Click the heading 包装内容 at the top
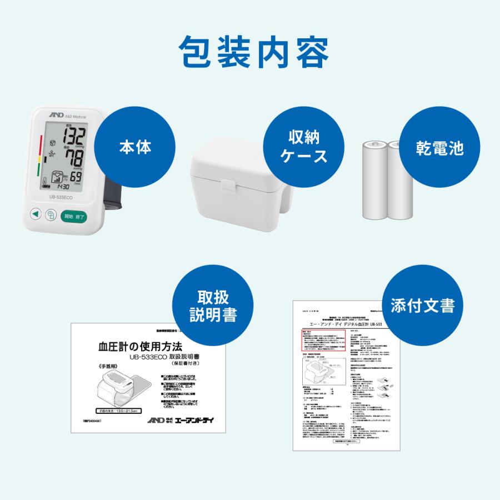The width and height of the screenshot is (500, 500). (x=250, y=52)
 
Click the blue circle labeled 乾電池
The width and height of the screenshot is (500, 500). (x=439, y=147)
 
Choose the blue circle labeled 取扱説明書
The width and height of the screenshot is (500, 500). (x=213, y=306)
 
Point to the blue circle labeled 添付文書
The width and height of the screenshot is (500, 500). (x=423, y=306)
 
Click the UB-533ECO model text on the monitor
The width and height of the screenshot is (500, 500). (x=60, y=197)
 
